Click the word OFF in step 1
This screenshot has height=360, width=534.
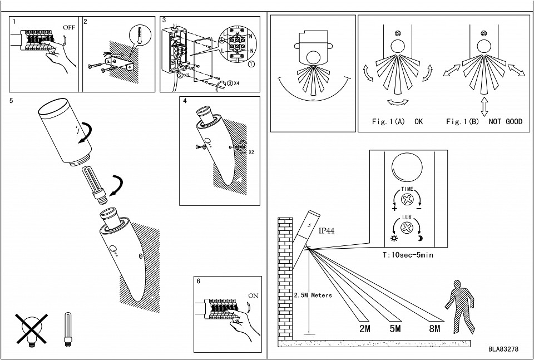[69, 26]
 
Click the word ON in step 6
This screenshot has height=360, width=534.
[253, 295]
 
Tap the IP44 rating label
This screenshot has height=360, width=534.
[327, 229]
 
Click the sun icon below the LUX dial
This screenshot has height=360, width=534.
[394, 239]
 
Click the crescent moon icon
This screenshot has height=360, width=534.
[420, 239]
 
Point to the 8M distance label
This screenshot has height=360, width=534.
[434, 328]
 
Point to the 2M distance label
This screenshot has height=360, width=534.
[365, 328]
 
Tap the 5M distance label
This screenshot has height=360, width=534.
[395, 328]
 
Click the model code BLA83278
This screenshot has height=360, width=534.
[503, 349]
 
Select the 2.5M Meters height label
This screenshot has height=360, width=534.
[313, 295]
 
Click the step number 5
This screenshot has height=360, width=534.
[12, 101]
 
